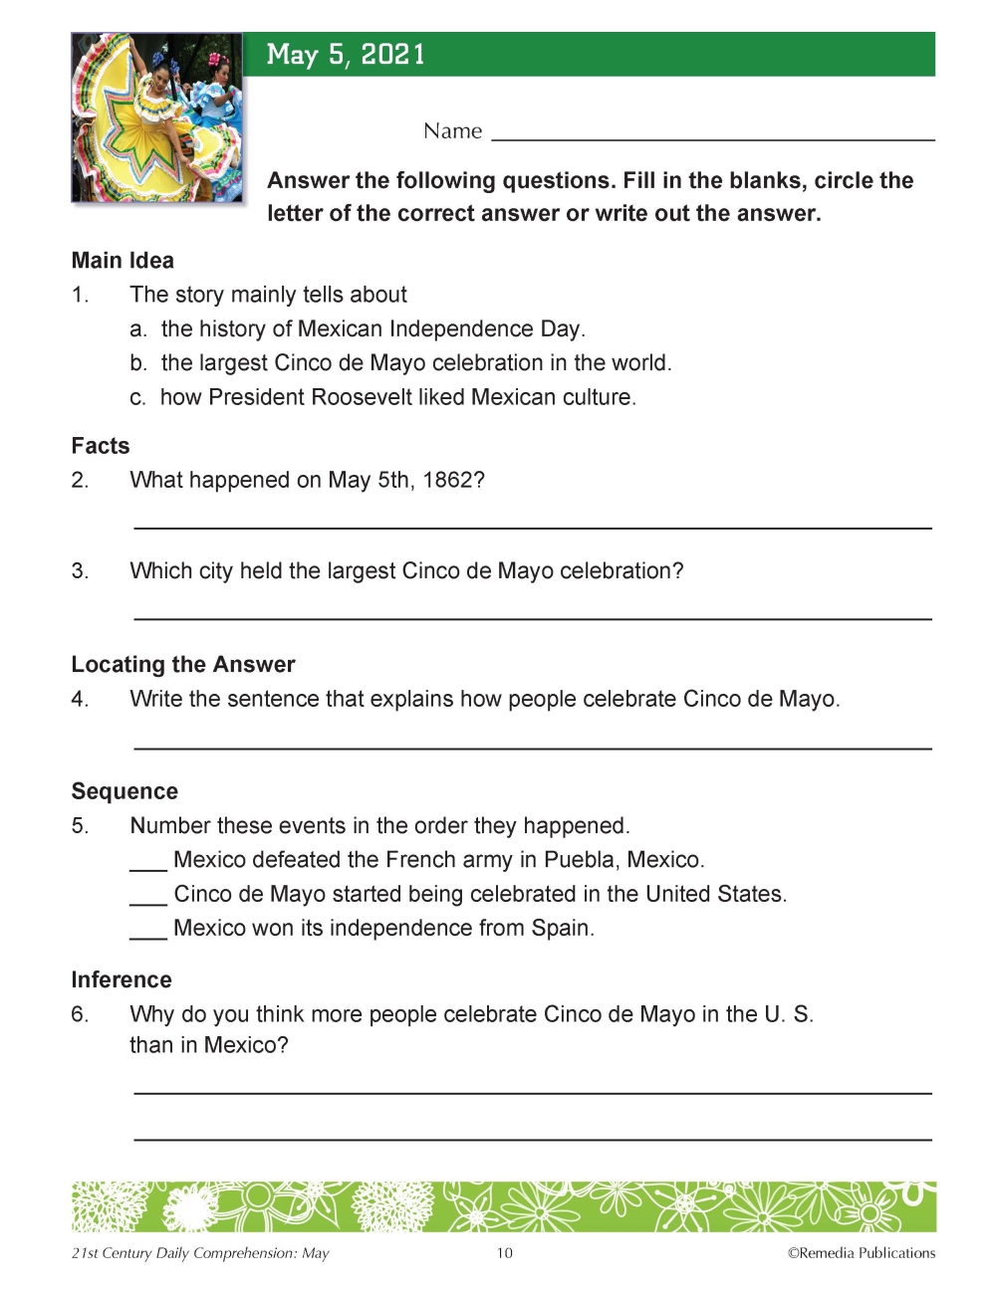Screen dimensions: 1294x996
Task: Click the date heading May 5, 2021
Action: [346, 55]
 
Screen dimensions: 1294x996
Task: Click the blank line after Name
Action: [712, 137]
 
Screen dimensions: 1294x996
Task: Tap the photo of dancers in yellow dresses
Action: [157, 117]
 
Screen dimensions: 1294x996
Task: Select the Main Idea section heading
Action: [123, 261]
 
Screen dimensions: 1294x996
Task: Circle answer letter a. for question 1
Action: [138, 329]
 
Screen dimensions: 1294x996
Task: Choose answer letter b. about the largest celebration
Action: [138, 363]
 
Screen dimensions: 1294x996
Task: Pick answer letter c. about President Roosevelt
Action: [137, 398]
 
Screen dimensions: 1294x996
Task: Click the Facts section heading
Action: [101, 446]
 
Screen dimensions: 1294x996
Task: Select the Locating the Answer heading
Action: [183, 665]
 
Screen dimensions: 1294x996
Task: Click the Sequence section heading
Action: [124, 792]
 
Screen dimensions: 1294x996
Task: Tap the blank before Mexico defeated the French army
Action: [148, 867]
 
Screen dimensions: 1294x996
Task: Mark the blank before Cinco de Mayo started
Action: [148, 901]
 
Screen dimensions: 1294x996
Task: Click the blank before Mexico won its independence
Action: [148, 935]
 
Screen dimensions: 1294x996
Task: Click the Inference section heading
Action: [122, 980]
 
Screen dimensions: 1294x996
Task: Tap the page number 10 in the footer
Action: [505, 1253]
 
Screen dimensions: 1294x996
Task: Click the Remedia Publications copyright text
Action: [862, 1253]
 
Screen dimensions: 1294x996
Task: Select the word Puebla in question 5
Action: [580, 860]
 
